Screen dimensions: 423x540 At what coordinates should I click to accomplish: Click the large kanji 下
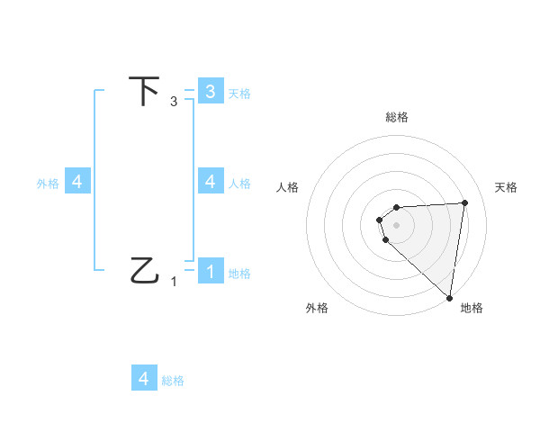coord(144,91)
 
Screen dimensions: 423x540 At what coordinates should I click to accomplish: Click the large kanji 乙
coord(145,269)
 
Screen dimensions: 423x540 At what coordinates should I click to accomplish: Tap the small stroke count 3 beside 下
coord(174,102)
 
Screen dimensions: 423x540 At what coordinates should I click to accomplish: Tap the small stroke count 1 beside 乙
coord(174,281)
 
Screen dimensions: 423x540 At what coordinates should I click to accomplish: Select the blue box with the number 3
coord(210,92)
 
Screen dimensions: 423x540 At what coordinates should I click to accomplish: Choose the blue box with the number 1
coord(210,270)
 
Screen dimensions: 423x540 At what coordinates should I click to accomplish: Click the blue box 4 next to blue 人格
coord(210,181)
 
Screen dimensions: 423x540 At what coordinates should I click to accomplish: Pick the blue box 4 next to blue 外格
coord(77,181)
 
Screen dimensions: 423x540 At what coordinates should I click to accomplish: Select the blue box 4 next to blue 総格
coord(144,379)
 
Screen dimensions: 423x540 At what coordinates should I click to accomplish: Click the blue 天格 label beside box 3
coord(239,93)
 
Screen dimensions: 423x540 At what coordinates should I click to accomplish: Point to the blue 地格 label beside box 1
coord(239,274)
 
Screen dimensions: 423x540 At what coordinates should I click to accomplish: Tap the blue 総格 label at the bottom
coord(173,381)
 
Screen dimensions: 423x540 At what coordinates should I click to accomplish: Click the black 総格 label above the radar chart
coord(396,117)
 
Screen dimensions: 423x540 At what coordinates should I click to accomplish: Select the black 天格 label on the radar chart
coord(506,187)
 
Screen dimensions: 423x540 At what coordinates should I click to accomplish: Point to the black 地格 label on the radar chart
coord(472,308)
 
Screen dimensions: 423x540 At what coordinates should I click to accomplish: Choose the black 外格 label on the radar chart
coord(317,308)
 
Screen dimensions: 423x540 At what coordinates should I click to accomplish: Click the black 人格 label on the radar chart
coord(287,187)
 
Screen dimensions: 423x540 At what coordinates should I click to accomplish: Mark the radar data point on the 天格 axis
coord(464,202)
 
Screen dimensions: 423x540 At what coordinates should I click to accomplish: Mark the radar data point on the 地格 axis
coord(449,297)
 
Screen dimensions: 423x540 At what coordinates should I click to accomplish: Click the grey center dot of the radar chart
coord(396,224)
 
